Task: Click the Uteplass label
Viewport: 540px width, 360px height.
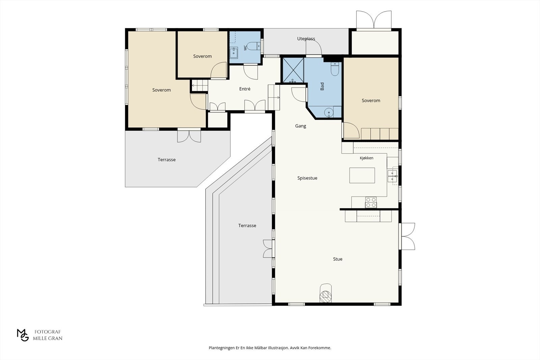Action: click(306, 38)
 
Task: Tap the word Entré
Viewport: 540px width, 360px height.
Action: click(245, 89)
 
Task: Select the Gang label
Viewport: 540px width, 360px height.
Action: click(301, 126)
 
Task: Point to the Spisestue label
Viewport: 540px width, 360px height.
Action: click(307, 178)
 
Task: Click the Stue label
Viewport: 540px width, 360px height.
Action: click(337, 259)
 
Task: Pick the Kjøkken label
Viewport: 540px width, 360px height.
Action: click(367, 158)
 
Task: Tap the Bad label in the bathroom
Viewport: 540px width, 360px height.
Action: click(322, 86)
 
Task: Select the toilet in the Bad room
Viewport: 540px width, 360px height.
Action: click(335, 69)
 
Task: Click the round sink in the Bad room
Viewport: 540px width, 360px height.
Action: click(329, 112)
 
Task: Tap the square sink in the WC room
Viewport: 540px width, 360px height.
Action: click(234, 53)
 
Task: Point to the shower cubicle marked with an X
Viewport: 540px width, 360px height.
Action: click(293, 70)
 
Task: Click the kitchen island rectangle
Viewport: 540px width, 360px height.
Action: click(362, 175)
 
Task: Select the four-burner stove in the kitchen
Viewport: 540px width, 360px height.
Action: click(371, 202)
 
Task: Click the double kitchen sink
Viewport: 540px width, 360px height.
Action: click(392, 176)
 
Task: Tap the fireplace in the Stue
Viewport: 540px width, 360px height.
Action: click(325, 293)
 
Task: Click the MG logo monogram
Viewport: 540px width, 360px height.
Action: click(23, 335)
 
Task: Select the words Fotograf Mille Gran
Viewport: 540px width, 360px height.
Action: click(48, 335)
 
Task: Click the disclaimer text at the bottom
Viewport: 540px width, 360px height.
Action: click(270, 348)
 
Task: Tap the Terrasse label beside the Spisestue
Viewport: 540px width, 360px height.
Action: click(247, 226)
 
